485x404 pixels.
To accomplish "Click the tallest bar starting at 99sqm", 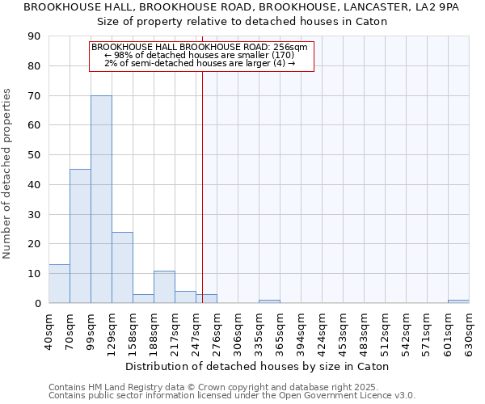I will click(x=101, y=200).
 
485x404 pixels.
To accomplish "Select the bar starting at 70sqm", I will click(x=80, y=236).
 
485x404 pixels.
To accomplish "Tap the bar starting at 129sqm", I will click(x=122, y=267).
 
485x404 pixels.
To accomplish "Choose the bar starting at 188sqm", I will click(x=164, y=287).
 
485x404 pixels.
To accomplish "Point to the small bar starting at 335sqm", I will click(x=269, y=301).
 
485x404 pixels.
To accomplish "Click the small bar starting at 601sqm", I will click(x=458, y=301).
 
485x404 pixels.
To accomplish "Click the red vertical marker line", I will click(x=202, y=186).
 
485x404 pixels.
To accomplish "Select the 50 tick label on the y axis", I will click(x=34, y=155).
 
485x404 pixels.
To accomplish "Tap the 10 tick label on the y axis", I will click(x=34, y=274).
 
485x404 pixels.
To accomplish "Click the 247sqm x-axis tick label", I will click(x=196, y=330).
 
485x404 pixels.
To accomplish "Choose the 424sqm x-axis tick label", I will click(x=322, y=330).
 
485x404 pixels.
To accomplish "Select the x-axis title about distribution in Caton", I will click(x=259, y=366).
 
